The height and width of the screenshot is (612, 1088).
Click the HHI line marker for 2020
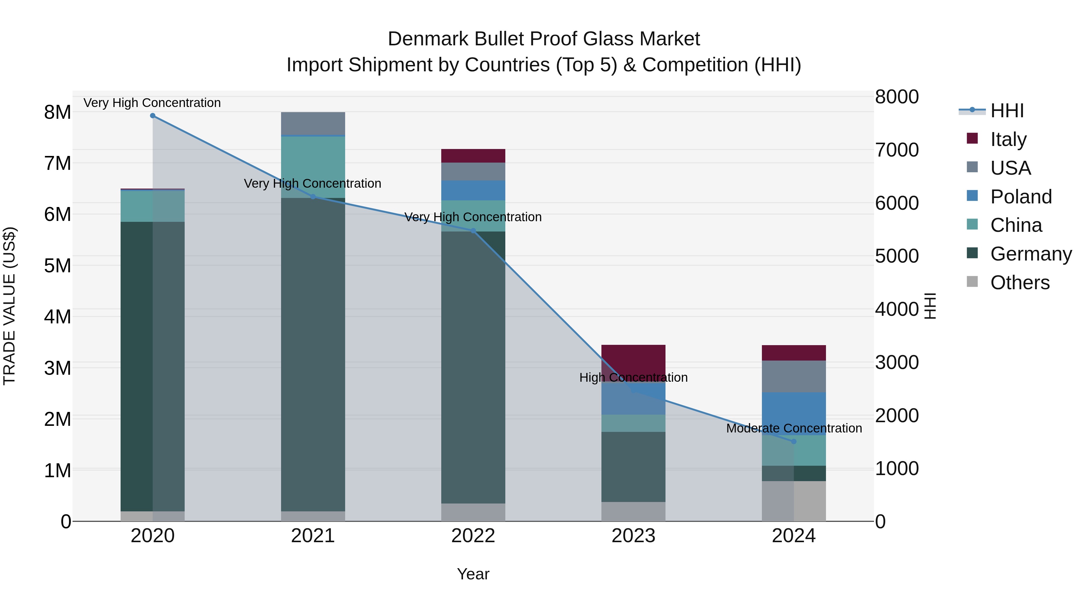pos(153,115)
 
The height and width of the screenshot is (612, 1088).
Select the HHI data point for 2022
pos(473,231)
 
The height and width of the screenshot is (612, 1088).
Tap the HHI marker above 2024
pos(794,441)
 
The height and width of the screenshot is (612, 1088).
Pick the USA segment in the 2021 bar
pos(313,123)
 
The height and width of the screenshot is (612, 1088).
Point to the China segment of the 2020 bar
pos(153,206)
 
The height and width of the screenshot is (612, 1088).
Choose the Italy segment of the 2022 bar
pos(473,156)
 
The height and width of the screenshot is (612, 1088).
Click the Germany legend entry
pos(1031,254)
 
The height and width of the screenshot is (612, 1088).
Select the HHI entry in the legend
pos(1007,111)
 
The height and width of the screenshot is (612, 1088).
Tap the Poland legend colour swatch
pos(972,196)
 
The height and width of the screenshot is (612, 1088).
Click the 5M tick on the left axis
pos(57,266)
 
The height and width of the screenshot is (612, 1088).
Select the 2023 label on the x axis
pos(633,536)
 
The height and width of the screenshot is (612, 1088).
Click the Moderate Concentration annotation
pos(794,428)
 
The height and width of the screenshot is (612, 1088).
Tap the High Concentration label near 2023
pos(633,377)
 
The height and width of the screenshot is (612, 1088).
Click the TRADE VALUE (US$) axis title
pos(9,306)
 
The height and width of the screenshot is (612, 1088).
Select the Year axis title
pos(473,574)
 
